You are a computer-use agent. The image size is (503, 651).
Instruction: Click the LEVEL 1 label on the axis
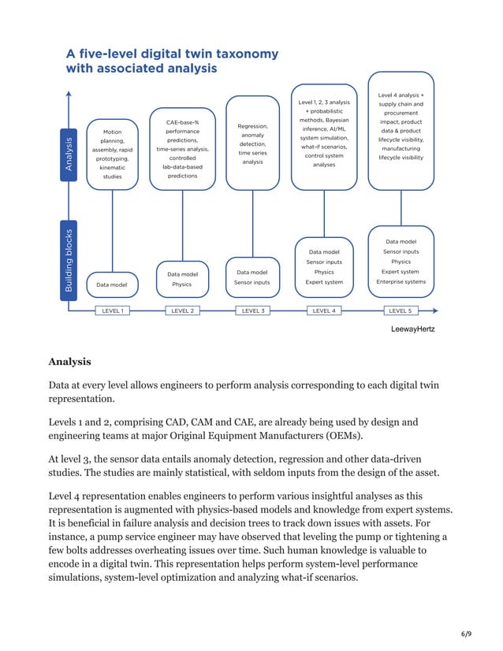point(112,311)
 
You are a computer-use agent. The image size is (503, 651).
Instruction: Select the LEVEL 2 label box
point(182,311)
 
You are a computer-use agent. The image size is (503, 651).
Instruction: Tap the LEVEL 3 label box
point(252,311)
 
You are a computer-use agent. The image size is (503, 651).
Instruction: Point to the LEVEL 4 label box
point(323,311)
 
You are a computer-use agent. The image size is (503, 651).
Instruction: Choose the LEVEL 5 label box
point(401,311)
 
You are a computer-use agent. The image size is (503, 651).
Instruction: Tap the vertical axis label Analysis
point(69,154)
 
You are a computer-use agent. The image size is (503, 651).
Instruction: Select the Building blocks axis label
point(69,261)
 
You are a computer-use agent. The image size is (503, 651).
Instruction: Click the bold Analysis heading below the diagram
point(69,362)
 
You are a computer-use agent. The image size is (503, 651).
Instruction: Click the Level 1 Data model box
point(113,284)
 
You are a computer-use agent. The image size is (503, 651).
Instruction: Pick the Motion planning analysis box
point(113,154)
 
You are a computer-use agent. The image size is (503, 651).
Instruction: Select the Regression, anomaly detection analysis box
point(252,143)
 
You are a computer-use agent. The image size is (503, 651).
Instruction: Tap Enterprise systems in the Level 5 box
point(401,281)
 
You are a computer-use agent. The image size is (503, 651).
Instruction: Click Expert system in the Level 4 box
point(323,281)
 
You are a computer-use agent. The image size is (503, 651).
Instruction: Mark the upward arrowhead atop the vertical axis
point(69,95)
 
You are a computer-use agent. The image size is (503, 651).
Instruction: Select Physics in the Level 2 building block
point(182,285)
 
